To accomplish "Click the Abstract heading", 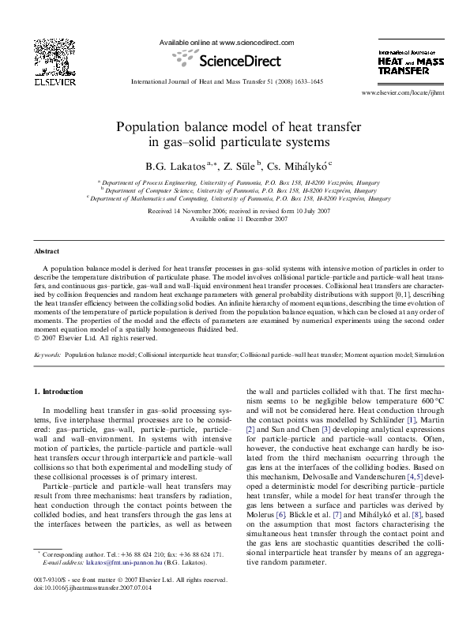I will pos(46,250).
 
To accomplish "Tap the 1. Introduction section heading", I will pos(61,391).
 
